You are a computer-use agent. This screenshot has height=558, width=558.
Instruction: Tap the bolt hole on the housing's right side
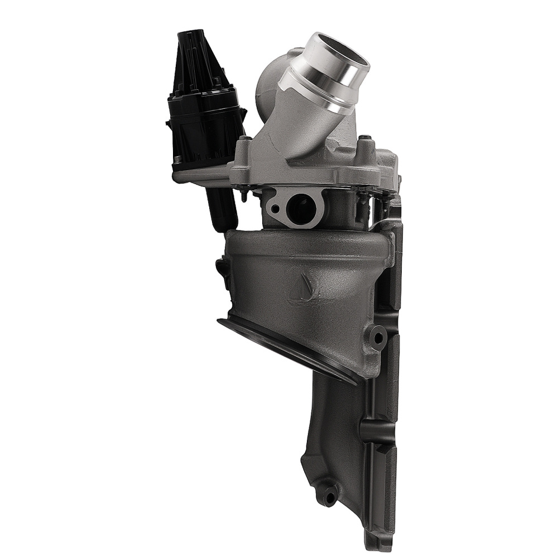tap(378, 338)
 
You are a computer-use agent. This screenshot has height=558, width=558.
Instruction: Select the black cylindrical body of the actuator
tap(204, 131)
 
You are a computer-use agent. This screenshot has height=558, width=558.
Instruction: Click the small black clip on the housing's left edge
tap(223, 268)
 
